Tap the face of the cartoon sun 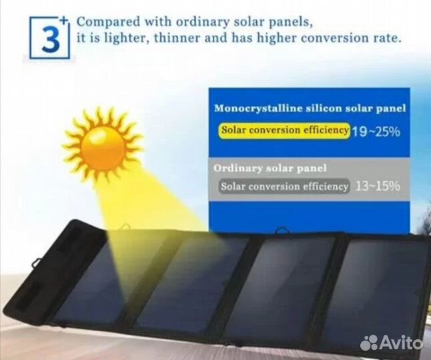tap(103, 143)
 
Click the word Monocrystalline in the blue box tap(257, 107)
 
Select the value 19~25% tap(376, 131)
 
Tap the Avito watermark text tap(402, 343)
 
